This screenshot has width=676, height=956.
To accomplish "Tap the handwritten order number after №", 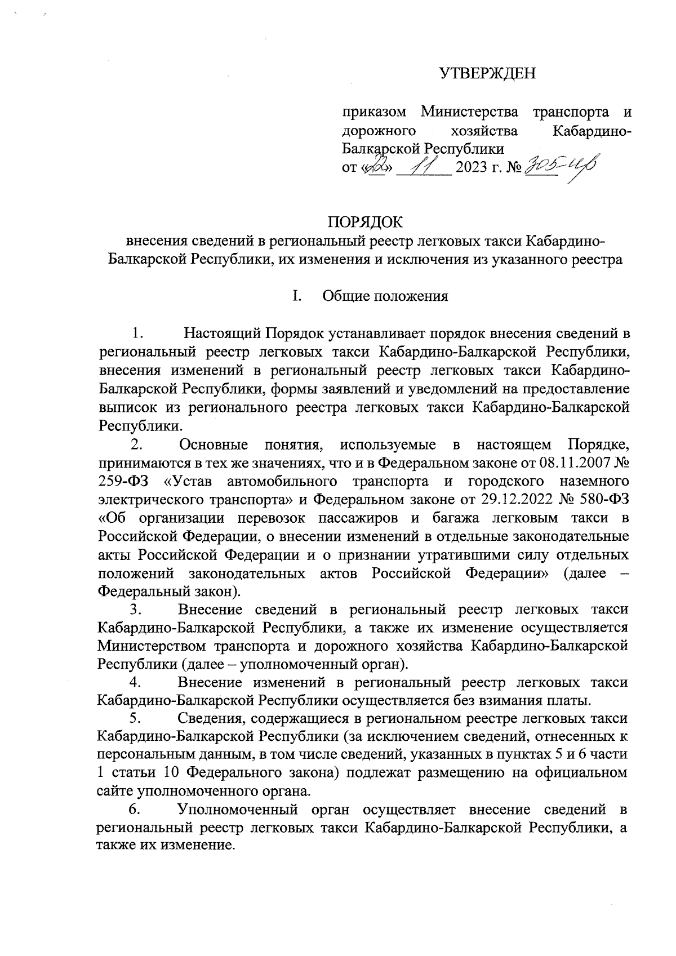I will point(559,165).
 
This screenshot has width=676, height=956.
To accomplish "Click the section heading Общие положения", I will point(385,296).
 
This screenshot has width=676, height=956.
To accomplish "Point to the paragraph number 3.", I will point(135,610).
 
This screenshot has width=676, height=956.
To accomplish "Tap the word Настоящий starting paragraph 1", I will point(223,334).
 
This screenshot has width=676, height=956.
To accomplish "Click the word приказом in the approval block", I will point(375,112).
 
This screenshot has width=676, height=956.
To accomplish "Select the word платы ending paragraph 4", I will point(570,700).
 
